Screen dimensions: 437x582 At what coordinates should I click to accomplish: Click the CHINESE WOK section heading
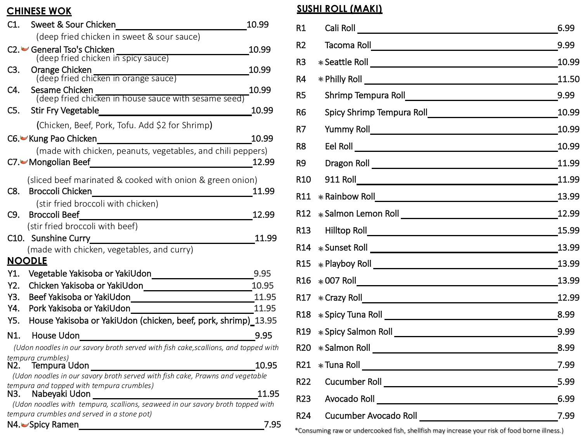39,11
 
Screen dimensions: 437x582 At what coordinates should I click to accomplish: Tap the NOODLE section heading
27,261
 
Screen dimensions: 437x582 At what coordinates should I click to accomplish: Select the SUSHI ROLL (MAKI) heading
339,9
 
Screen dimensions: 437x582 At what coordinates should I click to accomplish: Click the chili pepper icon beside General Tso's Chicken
25,49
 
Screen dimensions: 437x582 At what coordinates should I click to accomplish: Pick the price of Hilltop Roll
568,230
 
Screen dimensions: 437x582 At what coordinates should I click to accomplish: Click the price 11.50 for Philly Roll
568,79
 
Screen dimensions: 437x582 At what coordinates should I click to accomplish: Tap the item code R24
303,416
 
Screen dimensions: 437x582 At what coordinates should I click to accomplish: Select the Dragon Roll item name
347,163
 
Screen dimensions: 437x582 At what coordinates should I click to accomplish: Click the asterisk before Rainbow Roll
321,197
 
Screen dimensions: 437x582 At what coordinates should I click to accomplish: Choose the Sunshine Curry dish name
61,238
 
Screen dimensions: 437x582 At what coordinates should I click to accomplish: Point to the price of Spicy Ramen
272,424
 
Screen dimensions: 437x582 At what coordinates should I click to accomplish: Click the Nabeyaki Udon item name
61,394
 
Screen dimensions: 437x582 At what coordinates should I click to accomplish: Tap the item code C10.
16,238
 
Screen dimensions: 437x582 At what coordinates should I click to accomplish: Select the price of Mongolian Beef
263,162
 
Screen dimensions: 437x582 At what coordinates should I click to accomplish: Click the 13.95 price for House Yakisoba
266,320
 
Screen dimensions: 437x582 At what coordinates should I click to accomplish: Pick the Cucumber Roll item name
353,382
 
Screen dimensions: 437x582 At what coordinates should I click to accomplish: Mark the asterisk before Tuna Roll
321,366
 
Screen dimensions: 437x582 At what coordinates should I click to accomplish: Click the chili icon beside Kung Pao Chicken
24,138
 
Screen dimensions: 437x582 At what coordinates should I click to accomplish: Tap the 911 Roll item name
340,179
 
